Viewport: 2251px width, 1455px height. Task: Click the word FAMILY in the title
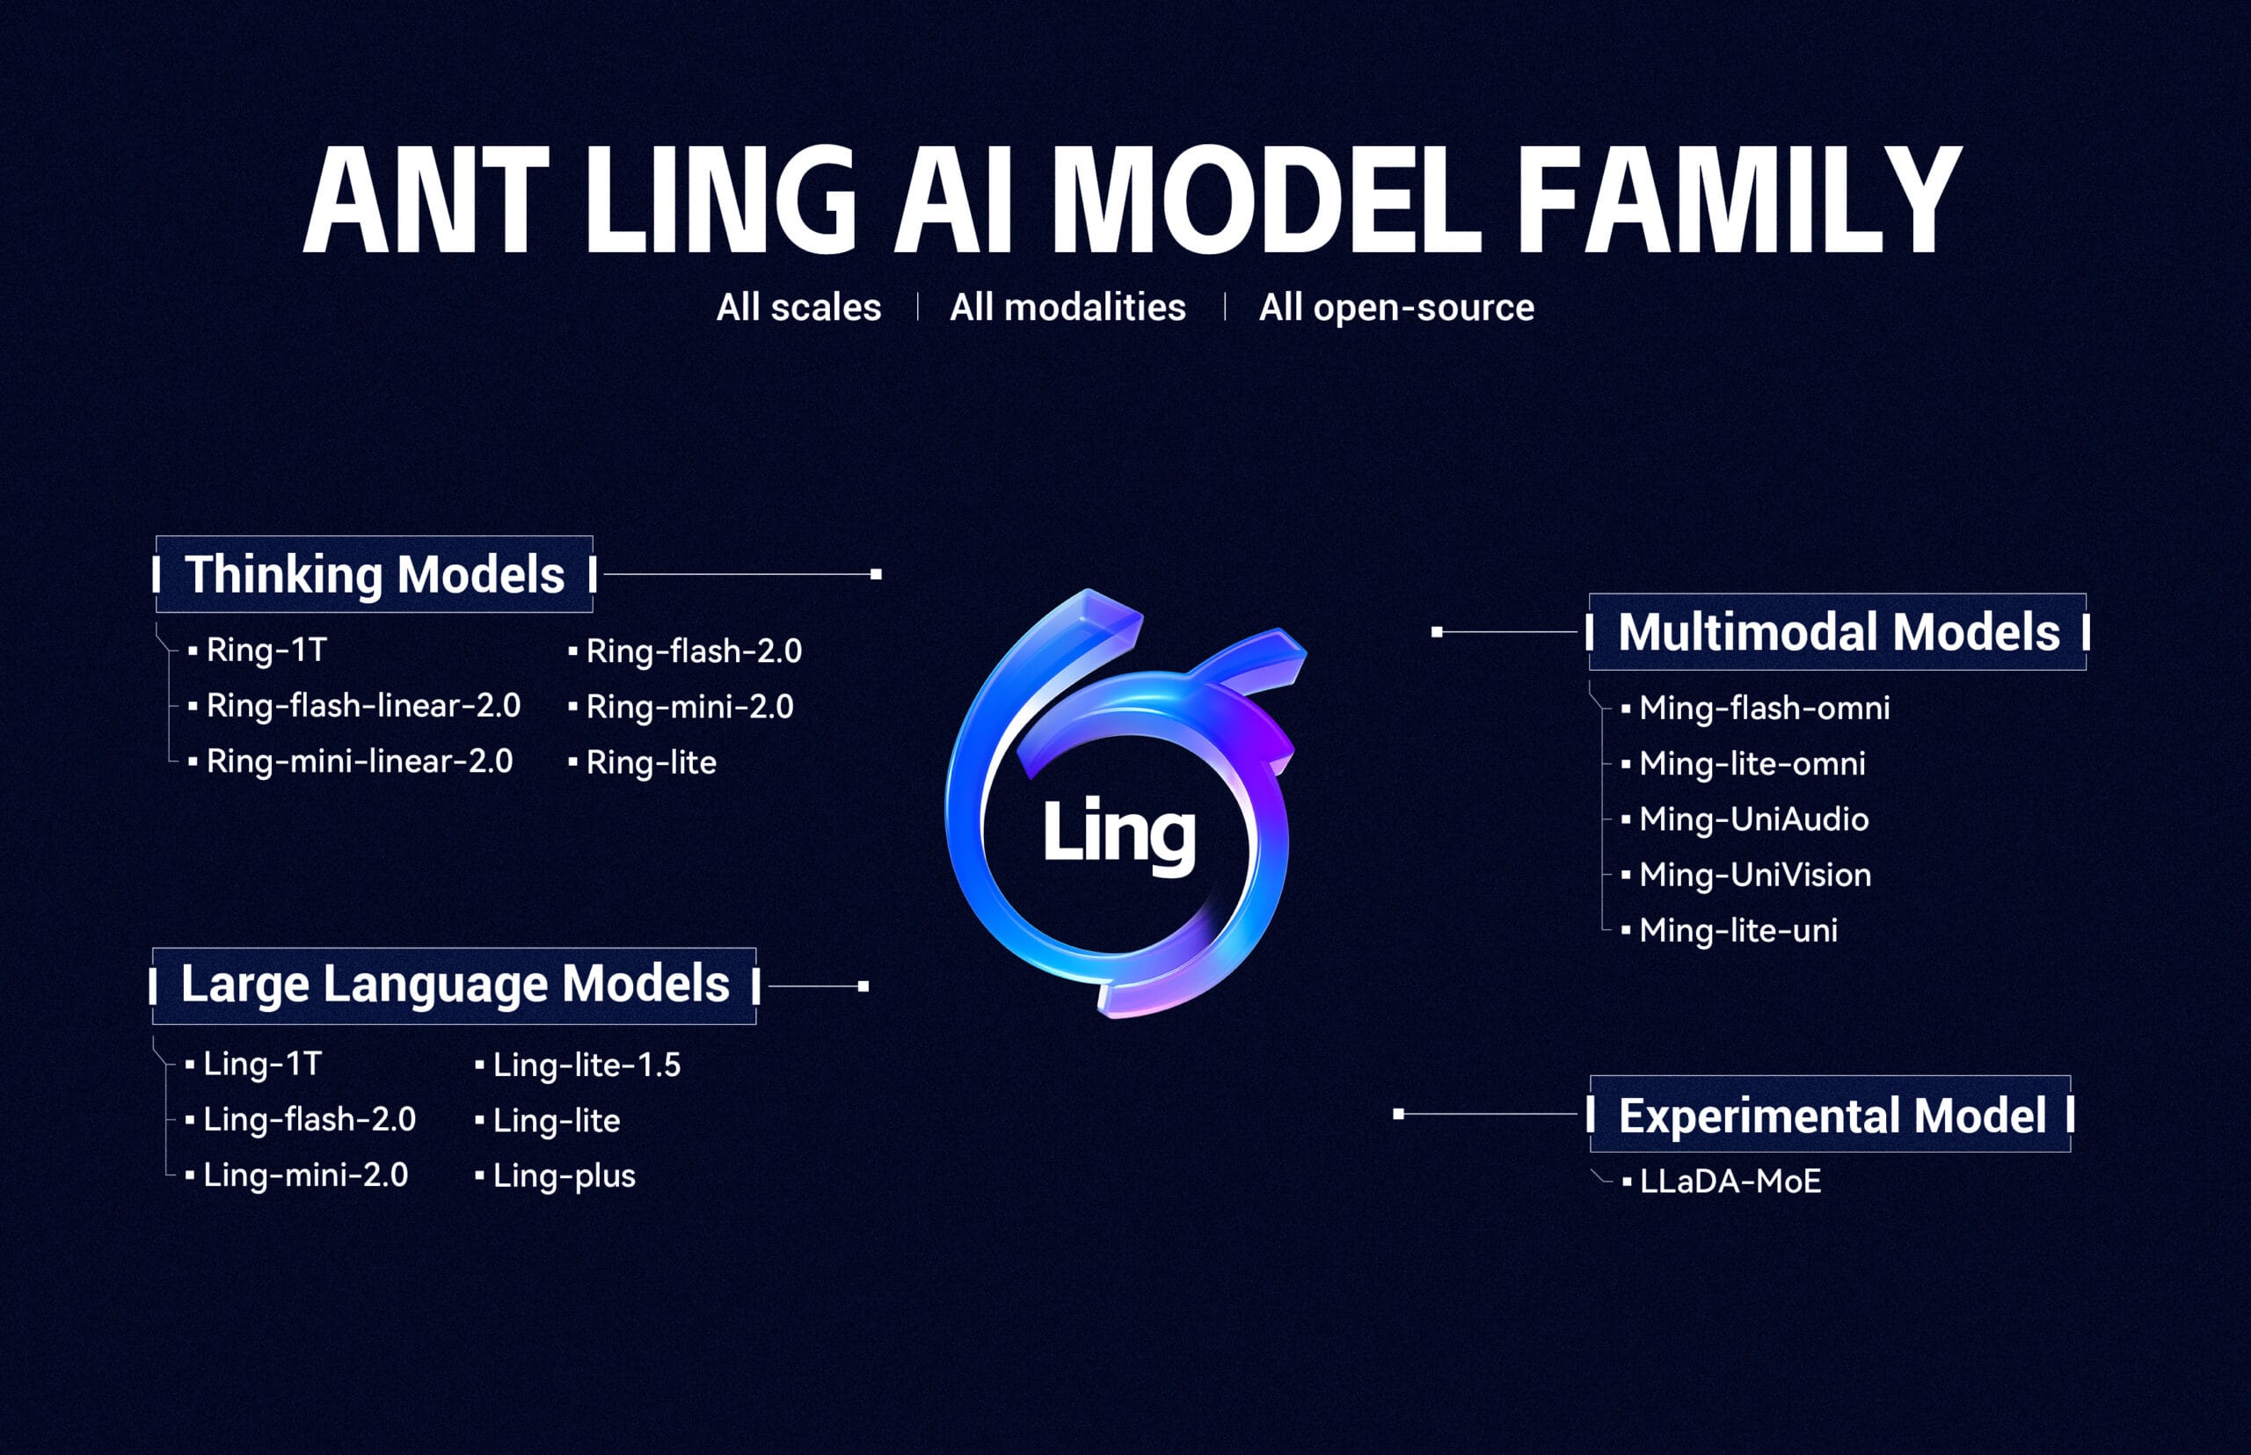pyautogui.click(x=1737, y=200)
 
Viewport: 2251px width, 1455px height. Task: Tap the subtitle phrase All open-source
pyautogui.click(x=1395, y=308)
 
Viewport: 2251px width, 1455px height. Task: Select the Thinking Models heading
pyautogui.click(x=375, y=574)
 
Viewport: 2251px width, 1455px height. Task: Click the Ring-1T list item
pyautogui.click(x=266, y=650)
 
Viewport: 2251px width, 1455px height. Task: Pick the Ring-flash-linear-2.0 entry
pyautogui.click(x=363, y=706)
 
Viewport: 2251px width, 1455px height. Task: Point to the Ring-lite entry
pyautogui.click(x=650, y=762)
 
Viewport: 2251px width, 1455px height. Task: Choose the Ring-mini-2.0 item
pyautogui.click(x=688, y=707)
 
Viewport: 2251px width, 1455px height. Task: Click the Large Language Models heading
pyautogui.click(x=455, y=985)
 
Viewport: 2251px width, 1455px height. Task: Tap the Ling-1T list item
pyautogui.click(x=263, y=1064)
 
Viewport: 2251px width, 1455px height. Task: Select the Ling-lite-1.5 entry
pyautogui.click(x=586, y=1065)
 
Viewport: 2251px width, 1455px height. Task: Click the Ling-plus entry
pyautogui.click(x=564, y=1176)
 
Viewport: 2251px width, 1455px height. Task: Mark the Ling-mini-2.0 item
pyautogui.click(x=305, y=1175)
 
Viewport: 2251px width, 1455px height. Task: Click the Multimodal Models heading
pyautogui.click(x=1838, y=632)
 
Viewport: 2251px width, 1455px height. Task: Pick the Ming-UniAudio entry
pyautogui.click(x=1753, y=819)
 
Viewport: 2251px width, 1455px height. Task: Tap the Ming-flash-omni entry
pyautogui.click(x=1763, y=708)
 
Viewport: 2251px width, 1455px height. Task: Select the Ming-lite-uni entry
pyautogui.click(x=1737, y=931)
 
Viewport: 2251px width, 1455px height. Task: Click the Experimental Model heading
pyautogui.click(x=1832, y=1116)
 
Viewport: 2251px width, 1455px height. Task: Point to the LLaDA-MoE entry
pyautogui.click(x=1730, y=1182)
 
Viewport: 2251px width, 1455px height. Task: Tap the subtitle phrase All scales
pyautogui.click(x=798, y=308)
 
